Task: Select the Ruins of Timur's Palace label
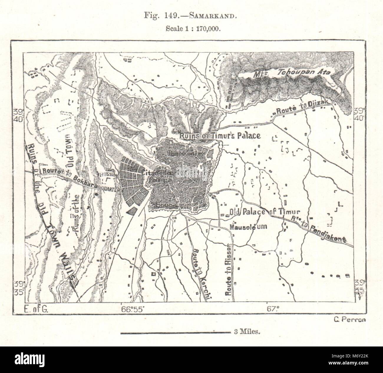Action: (220, 136)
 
